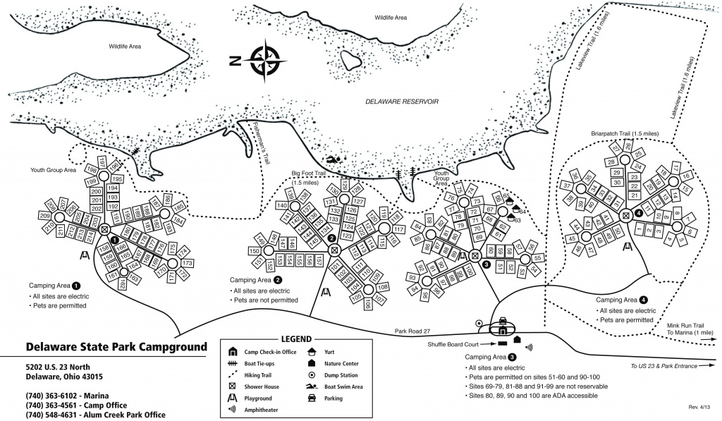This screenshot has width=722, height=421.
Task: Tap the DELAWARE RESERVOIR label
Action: (x=402, y=102)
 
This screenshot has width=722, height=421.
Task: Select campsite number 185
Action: (x=178, y=207)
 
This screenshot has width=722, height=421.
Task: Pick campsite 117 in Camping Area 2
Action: (x=399, y=229)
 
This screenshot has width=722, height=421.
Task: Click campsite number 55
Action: (x=537, y=259)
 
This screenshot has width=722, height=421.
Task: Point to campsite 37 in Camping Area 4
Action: (x=567, y=186)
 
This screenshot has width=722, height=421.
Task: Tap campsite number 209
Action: (x=44, y=216)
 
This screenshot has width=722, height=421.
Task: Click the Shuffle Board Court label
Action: (x=452, y=344)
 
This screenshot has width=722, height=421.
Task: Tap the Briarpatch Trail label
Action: (x=625, y=133)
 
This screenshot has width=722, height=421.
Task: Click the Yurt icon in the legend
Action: (x=311, y=351)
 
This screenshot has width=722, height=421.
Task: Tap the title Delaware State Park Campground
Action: (x=116, y=347)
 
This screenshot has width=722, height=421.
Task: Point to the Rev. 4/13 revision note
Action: (x=699, y=407)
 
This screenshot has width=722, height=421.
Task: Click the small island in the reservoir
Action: (x=350, y=61)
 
